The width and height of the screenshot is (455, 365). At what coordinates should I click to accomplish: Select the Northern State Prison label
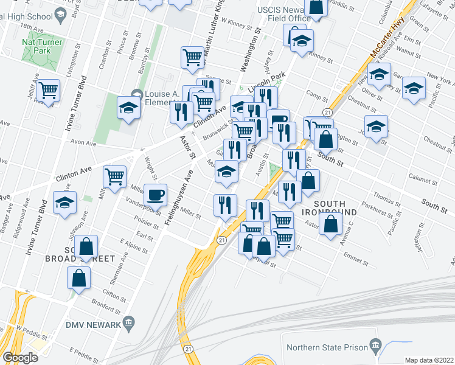coord(326,347)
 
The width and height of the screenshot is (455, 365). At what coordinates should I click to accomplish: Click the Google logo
coord(20,357)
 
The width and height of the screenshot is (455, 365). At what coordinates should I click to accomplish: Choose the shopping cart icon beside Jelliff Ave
coord(48,91)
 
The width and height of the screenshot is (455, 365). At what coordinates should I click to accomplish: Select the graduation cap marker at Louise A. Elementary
coord(128,108)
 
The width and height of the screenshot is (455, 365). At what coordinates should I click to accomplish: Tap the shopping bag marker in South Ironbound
coord(330,224)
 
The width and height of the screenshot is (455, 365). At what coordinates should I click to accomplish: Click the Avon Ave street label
coord(84,144)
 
